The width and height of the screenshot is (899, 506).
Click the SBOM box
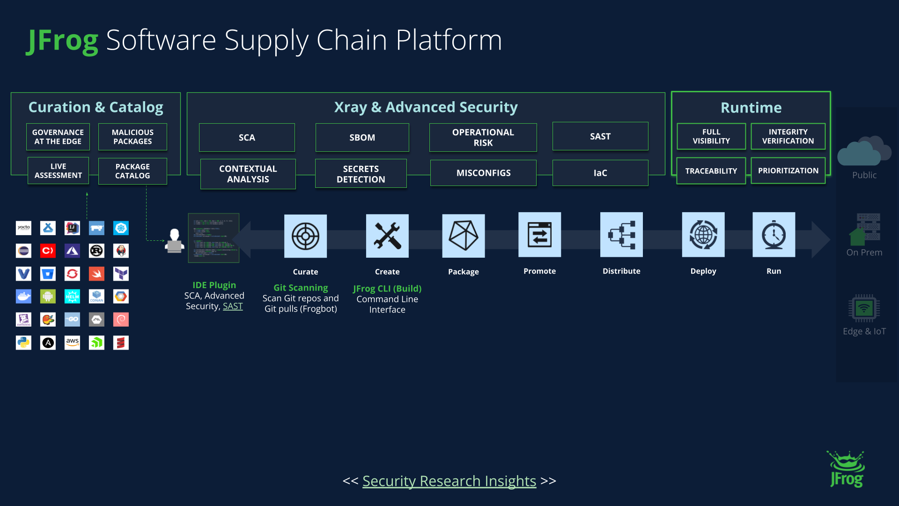pyautogui.click(x=362, y=137)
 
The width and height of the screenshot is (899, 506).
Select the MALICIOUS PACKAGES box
pyautogui.click(x=133, y=137)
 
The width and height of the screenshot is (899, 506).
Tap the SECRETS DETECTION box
pyautogui.click(x=361, y=174)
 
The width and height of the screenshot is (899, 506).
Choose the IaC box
pyautogui.click(x=600, y=173)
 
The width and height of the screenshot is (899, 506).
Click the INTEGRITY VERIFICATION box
pyautogui.click(x=788, y=136)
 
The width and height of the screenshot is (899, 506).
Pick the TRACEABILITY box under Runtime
pyautogui.click(x=711, y=171)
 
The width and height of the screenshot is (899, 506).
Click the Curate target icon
pyautogui.click(x=305, y=236)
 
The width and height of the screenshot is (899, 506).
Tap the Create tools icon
pyautogui.click(x=387, y=236)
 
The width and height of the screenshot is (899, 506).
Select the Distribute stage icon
pyautogui.click(x=621, y=235)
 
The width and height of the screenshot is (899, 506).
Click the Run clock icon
pyautogui.click(x=774, y=235)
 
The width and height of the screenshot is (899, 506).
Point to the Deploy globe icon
pyautogui.click(x=703, y=235)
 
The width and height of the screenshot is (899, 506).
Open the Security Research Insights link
pyautogui.click(x=449, y=481)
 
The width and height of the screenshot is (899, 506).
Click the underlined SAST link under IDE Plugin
pyautogui.click(x=233, y=306)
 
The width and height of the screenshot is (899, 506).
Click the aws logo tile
pyautogui.click(x=72, y=342)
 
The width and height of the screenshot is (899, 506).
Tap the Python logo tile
pyautogui.click(x=23, y=342)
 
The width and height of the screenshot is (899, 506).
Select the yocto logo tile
pyautogui.click(x=23, y=228)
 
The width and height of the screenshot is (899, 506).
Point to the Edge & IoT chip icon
pyautogui.click(x=863, y=308)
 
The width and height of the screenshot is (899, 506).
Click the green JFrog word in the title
pyautogui.click(x=63, y=40)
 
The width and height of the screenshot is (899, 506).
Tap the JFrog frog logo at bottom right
pyautogui.click(x=846, y=469)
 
